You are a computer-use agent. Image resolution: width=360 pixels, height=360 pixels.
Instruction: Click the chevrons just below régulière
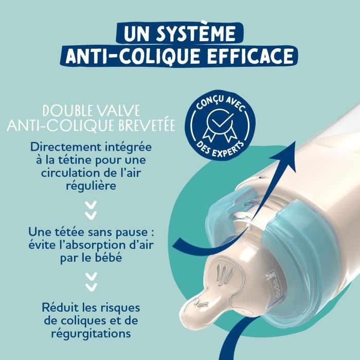(x=92, y=209)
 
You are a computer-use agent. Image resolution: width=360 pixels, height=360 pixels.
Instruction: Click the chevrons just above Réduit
(x=92, y=280)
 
